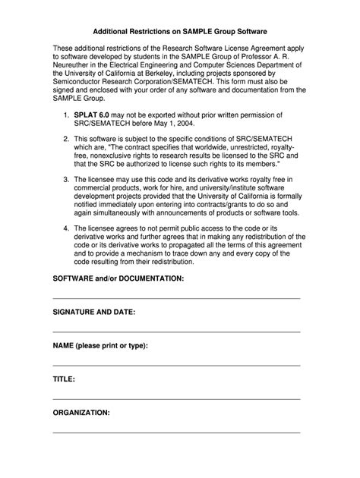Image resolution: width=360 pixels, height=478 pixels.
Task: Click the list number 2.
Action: point(66,140)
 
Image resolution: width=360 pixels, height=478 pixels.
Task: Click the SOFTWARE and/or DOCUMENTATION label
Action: point(118,278)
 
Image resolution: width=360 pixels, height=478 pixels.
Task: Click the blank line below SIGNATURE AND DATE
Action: point(176,332)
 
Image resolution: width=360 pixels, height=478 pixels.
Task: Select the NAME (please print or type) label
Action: point(99,345)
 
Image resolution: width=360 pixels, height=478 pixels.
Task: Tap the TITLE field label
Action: point(63,379)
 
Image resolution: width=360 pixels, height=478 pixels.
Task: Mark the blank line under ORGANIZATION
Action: point(176,432)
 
